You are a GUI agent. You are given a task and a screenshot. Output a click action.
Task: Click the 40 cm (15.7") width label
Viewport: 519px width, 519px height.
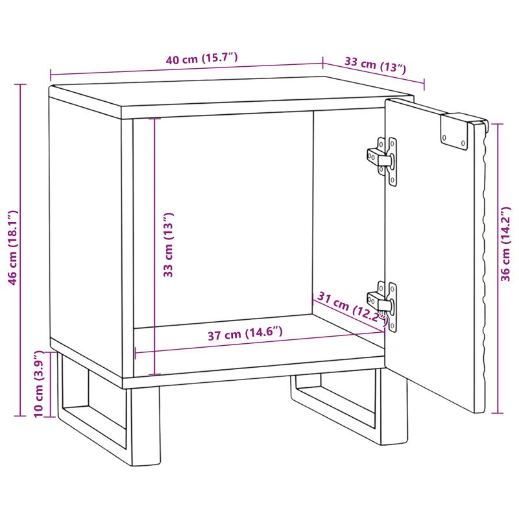tap(202, 58)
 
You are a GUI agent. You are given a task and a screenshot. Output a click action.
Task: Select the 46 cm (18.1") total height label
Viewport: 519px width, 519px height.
tap(12, 247)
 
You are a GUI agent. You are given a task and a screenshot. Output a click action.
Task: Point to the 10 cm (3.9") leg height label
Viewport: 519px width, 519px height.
tap(39, 384)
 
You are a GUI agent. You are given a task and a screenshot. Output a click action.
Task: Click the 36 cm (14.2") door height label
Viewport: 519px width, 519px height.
tap(505, 244)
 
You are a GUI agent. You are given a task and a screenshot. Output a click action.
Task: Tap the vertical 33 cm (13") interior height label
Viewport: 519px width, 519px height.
tap(168, 245)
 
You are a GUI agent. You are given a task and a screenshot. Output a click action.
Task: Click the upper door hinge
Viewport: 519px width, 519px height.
tap(383, 161)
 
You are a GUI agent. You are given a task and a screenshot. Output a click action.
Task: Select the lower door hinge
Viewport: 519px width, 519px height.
tap(383, 306)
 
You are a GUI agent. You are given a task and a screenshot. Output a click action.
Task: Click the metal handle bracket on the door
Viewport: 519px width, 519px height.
tap(455, 132)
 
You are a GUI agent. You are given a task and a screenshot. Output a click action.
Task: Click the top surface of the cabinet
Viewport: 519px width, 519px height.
tap(232, 93)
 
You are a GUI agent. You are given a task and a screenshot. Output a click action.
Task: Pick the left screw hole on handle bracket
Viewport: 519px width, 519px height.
tap(444, 138)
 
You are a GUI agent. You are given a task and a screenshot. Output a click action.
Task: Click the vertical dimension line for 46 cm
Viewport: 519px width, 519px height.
tap(21, 250)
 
